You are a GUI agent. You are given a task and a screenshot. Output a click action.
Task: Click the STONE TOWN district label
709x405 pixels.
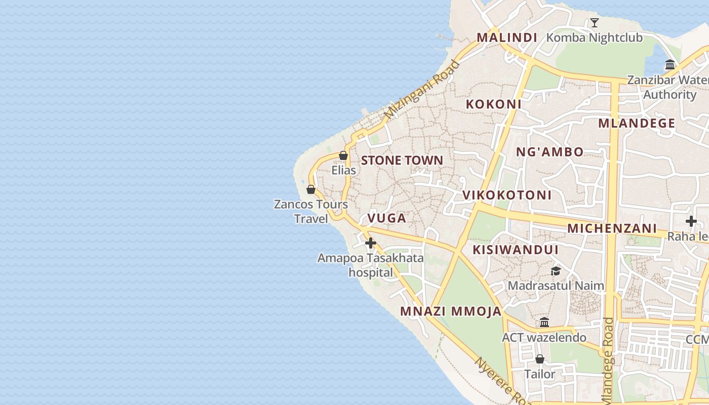tap(402, 160)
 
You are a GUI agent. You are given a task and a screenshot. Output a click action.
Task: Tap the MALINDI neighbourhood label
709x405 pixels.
tap(507, 37)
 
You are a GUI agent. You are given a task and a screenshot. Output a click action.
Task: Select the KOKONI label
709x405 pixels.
tap(494, 104)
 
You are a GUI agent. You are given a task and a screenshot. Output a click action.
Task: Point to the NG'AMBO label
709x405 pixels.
tap(550, 151)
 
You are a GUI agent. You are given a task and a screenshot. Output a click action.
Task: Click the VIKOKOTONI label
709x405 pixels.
tap(507, 195)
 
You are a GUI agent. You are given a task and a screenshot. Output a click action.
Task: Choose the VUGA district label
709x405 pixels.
tap(387, 218)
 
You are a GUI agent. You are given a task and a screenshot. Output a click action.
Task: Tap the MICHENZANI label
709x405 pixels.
tap(612, 228)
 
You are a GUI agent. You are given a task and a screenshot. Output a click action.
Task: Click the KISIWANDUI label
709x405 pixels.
tap(516, 250)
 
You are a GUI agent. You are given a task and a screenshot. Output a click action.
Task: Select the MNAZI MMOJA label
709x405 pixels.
tap(451, 311)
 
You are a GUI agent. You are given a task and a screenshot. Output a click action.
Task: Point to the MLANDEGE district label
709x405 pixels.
tap(637, 123)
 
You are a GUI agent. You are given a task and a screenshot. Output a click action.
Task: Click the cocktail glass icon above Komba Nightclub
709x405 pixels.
tap(595, 23)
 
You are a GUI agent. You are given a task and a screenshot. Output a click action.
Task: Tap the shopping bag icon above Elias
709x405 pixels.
tap(343, 155)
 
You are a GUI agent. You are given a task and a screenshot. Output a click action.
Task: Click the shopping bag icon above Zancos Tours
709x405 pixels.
tap(311, 189)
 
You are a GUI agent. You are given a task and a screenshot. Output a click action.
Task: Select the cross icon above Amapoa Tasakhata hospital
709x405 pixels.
tap(371, 243)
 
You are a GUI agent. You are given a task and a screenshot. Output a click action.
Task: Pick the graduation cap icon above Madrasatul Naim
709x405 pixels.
tap(556, 271)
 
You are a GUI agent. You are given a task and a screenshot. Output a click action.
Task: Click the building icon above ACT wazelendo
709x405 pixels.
tap(544, 322)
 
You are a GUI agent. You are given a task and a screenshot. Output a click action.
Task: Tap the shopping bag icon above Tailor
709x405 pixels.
tap(540, 359)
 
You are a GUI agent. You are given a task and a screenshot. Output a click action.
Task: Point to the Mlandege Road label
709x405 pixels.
tap(608, 359)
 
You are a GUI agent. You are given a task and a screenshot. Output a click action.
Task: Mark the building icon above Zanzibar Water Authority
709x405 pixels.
tap(671, 64)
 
